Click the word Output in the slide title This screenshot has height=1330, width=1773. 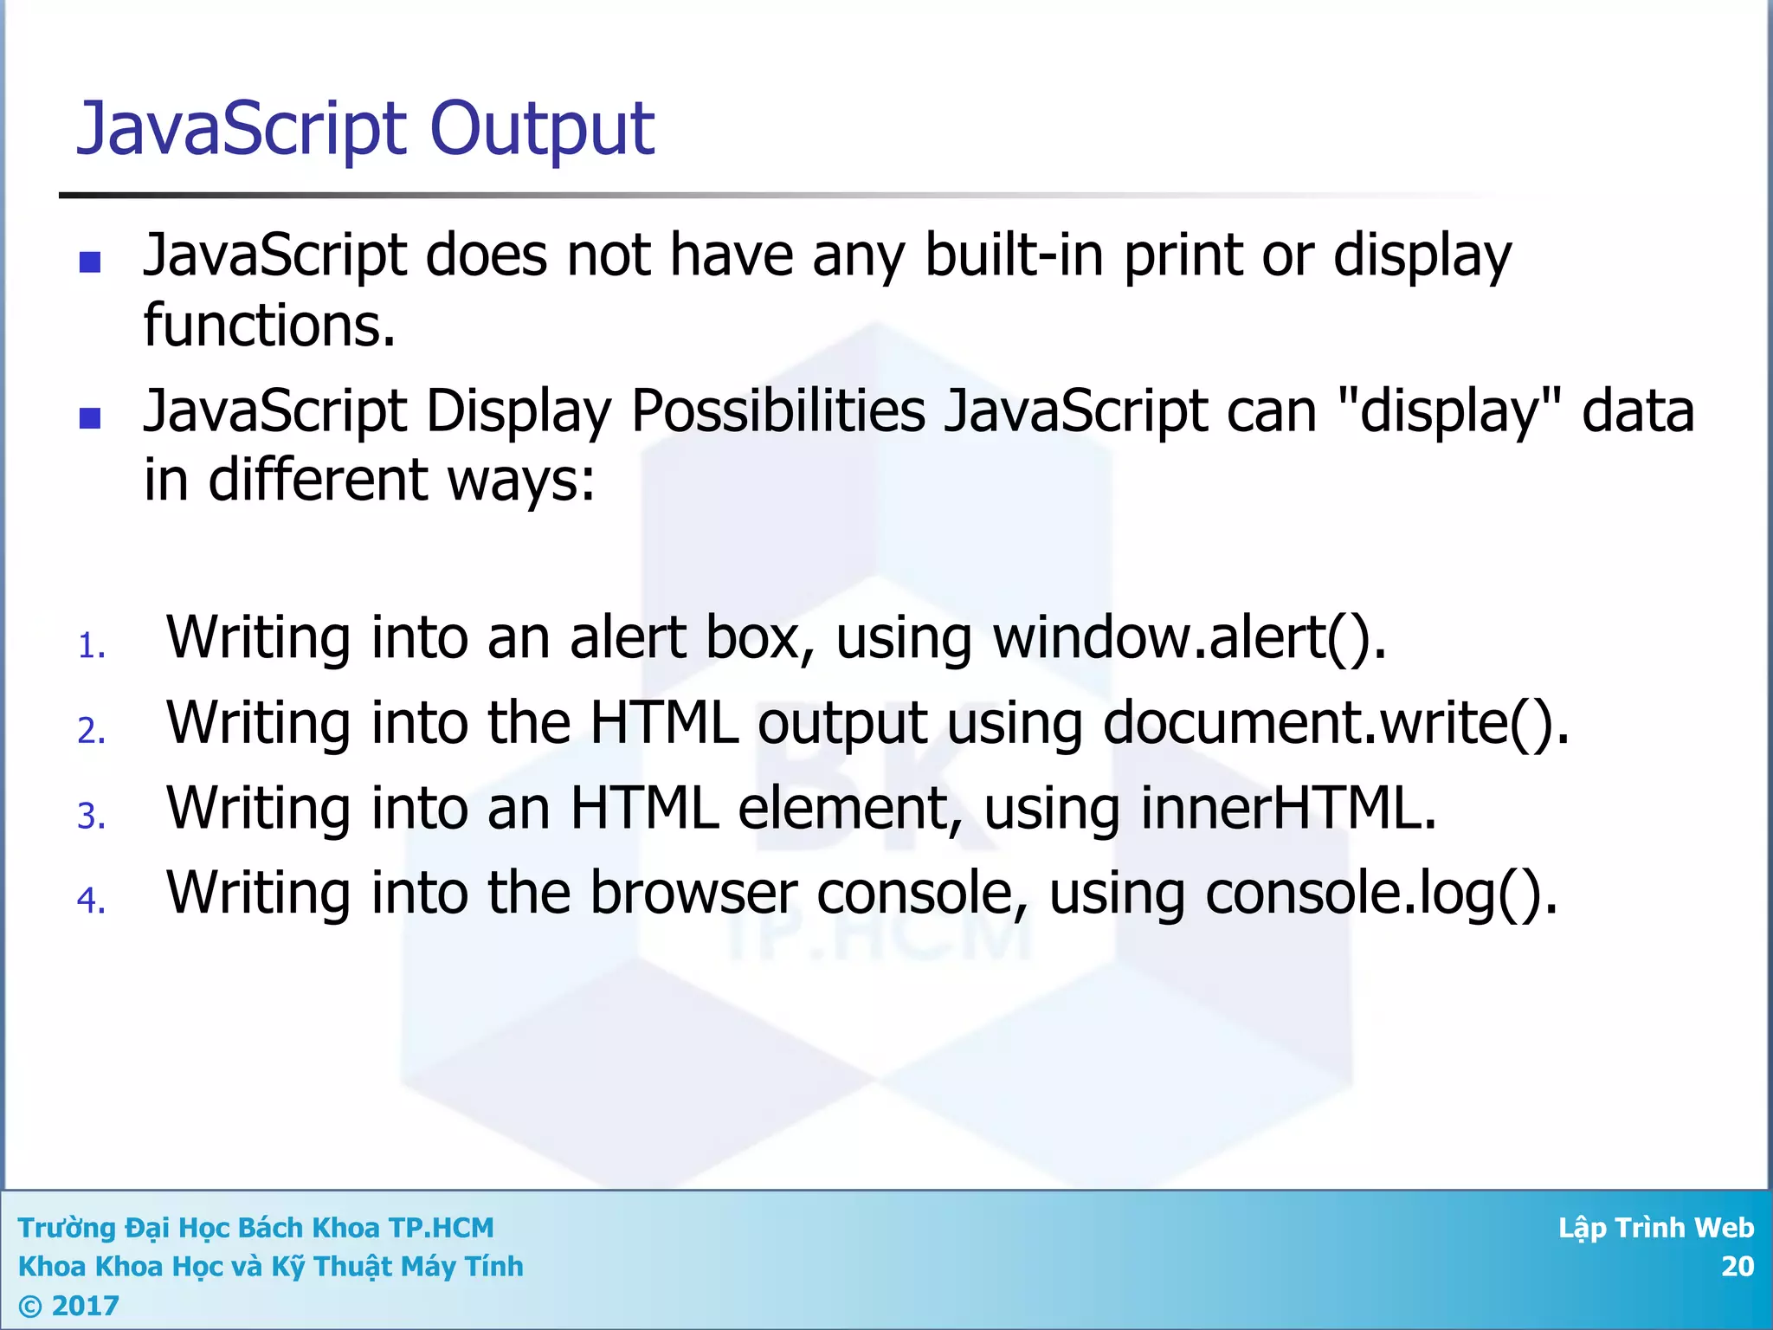[x=541, y=130]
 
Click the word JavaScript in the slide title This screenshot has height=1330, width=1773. [x=242, y=130]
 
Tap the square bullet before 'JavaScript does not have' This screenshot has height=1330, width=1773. [x=90, y=261]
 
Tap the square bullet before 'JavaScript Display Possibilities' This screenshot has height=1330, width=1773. [x=90, y=418]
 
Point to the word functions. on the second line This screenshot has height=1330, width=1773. [x=269, y=326]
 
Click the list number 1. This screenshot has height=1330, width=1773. [x=91, y=646]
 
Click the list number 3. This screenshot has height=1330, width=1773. [x=91, y=816]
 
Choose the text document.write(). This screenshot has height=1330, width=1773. [x=1336, y=723]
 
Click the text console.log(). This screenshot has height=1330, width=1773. [x=1382, y=893]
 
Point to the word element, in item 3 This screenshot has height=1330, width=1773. [x=850, y=808]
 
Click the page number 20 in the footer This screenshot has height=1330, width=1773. [x=1737, y=1266]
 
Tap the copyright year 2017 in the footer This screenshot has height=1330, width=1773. [x=85, y=1305]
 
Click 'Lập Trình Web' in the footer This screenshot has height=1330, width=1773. [x=1655, y=1228]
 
